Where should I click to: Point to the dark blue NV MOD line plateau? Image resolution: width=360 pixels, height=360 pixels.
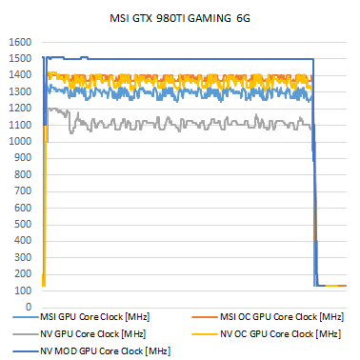pos(190,59)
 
